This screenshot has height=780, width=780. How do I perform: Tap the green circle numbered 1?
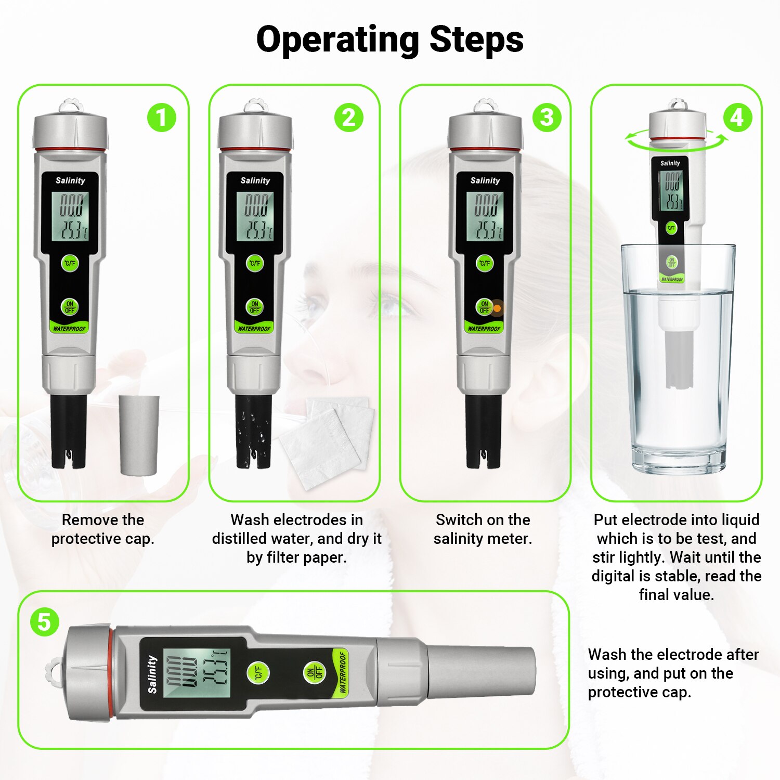tap(161, 118)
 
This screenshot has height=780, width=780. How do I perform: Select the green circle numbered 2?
tap(348, 118)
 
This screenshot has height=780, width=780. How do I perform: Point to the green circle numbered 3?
tap(547, 118)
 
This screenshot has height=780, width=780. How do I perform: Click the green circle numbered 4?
tap(737, 118)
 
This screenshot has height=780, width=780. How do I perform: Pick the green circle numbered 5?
tap(44, 622)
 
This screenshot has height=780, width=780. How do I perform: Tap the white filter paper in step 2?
tap(328, 442)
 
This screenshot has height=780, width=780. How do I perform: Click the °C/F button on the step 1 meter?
tap(70, 263)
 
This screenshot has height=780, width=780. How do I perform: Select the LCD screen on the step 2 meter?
tap(255, 216)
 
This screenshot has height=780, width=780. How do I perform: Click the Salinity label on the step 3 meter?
tap(485, 180)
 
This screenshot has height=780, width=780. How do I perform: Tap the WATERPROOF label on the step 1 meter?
tap(69, 329)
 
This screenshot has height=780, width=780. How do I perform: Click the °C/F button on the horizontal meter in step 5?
tap(258, 673)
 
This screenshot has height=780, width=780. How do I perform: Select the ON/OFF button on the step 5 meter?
tap(314, 673)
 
